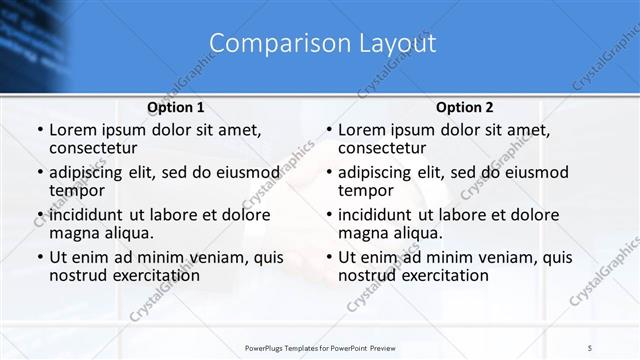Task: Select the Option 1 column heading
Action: click(x=175, y=107)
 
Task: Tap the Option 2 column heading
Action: click(x=464, y=107)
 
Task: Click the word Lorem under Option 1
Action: click(x=74, y=130)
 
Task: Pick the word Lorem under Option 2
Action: click(x=363, y=130)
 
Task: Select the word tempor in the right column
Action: click(x=366, y=191)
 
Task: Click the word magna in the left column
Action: click(x=74, y=233)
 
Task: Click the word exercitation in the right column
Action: click(x=442, y=275)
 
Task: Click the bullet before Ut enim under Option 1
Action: click(x=38, y=258)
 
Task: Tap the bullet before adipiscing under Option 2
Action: click(x=327, y=174)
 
